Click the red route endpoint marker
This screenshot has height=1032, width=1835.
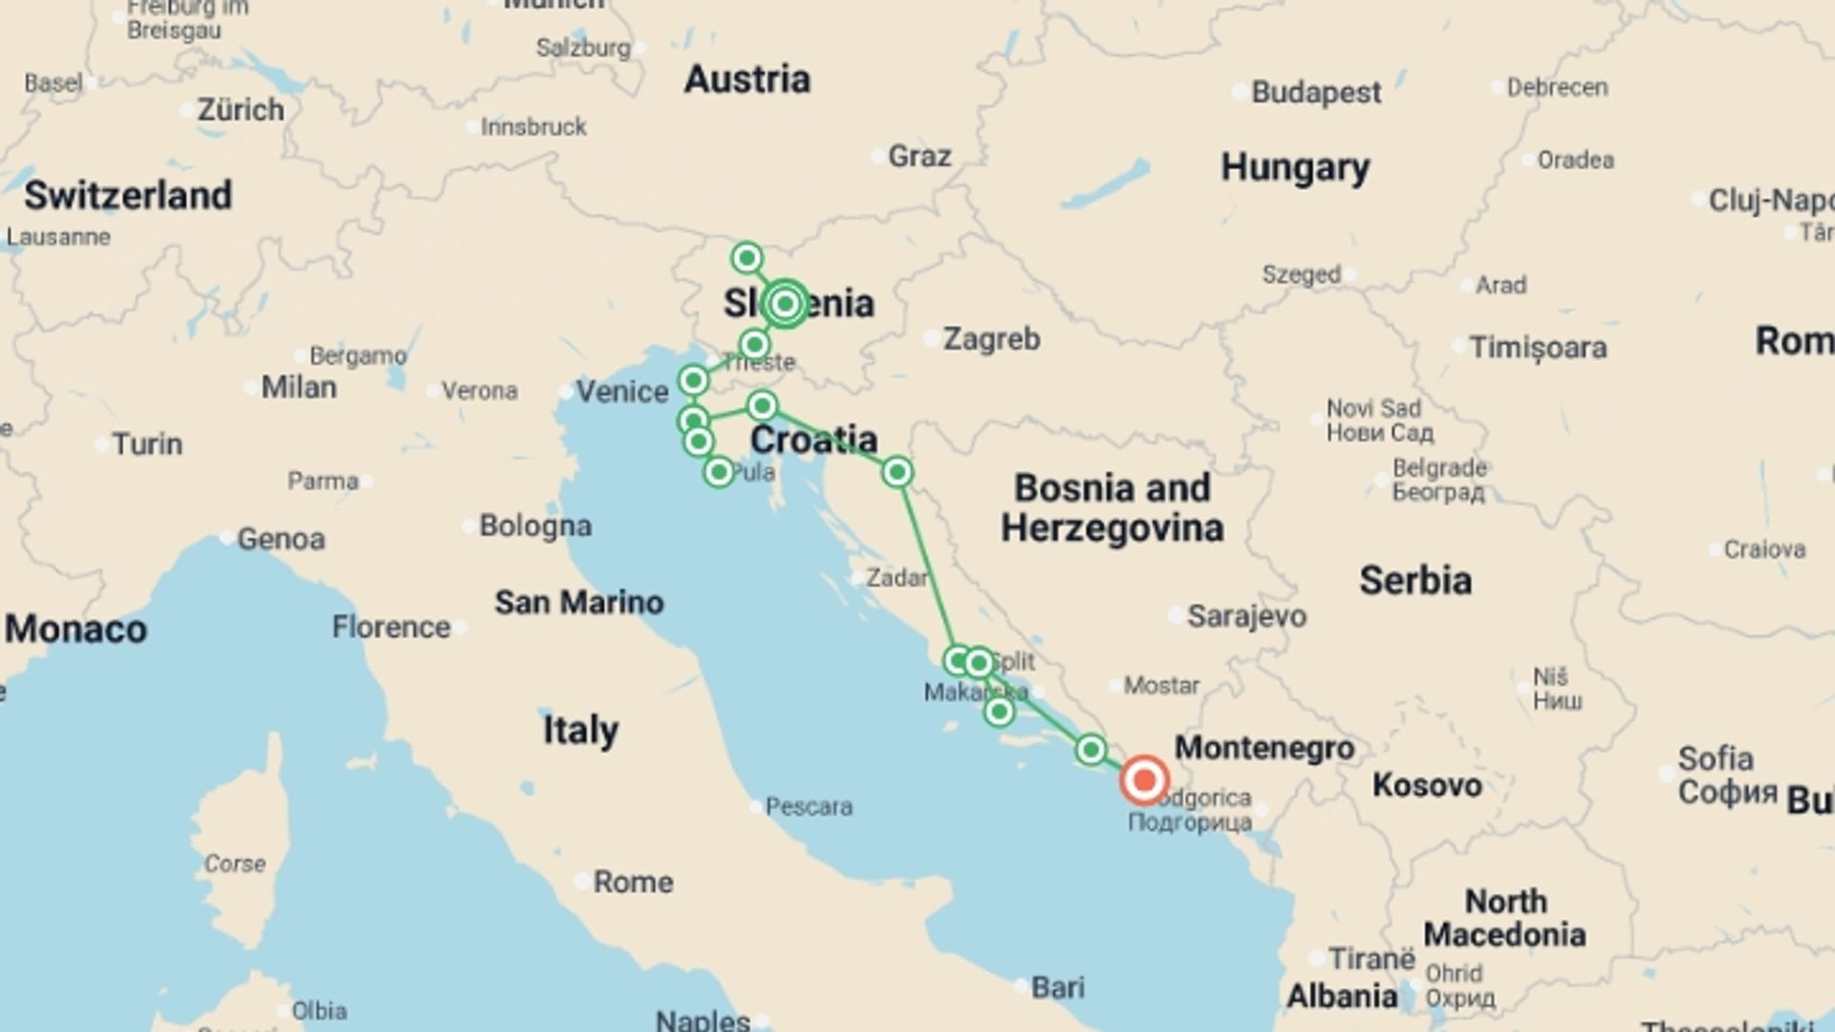click(1144, 781)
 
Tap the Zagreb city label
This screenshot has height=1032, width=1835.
click(991, 339)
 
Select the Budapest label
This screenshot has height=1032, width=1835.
click(1315, 93)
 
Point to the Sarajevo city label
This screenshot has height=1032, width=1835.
click(1245, 616)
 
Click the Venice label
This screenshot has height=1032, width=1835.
click(621, 392)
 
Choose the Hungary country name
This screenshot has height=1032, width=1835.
click(1295, 168)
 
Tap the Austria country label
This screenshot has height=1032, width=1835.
click(746, 79)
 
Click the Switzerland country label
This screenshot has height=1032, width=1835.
click(128, 196)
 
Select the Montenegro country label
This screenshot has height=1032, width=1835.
click(1263, 748)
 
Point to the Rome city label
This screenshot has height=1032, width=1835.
click(633, 882)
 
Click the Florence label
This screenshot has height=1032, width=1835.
click(391, 628)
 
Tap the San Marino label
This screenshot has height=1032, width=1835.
click(578, 603)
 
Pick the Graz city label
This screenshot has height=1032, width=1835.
click(918, 156)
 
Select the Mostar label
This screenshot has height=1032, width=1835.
click(1160, 685)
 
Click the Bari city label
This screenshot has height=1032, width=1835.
click(1057, 987)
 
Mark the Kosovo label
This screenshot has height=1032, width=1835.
click(1427, 785)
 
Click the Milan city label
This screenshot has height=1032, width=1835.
click(298, 388)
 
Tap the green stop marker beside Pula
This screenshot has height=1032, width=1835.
click(719, 472)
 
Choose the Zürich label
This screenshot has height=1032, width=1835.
click(240, 110)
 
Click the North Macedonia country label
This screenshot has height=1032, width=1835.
click(1504, 917)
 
